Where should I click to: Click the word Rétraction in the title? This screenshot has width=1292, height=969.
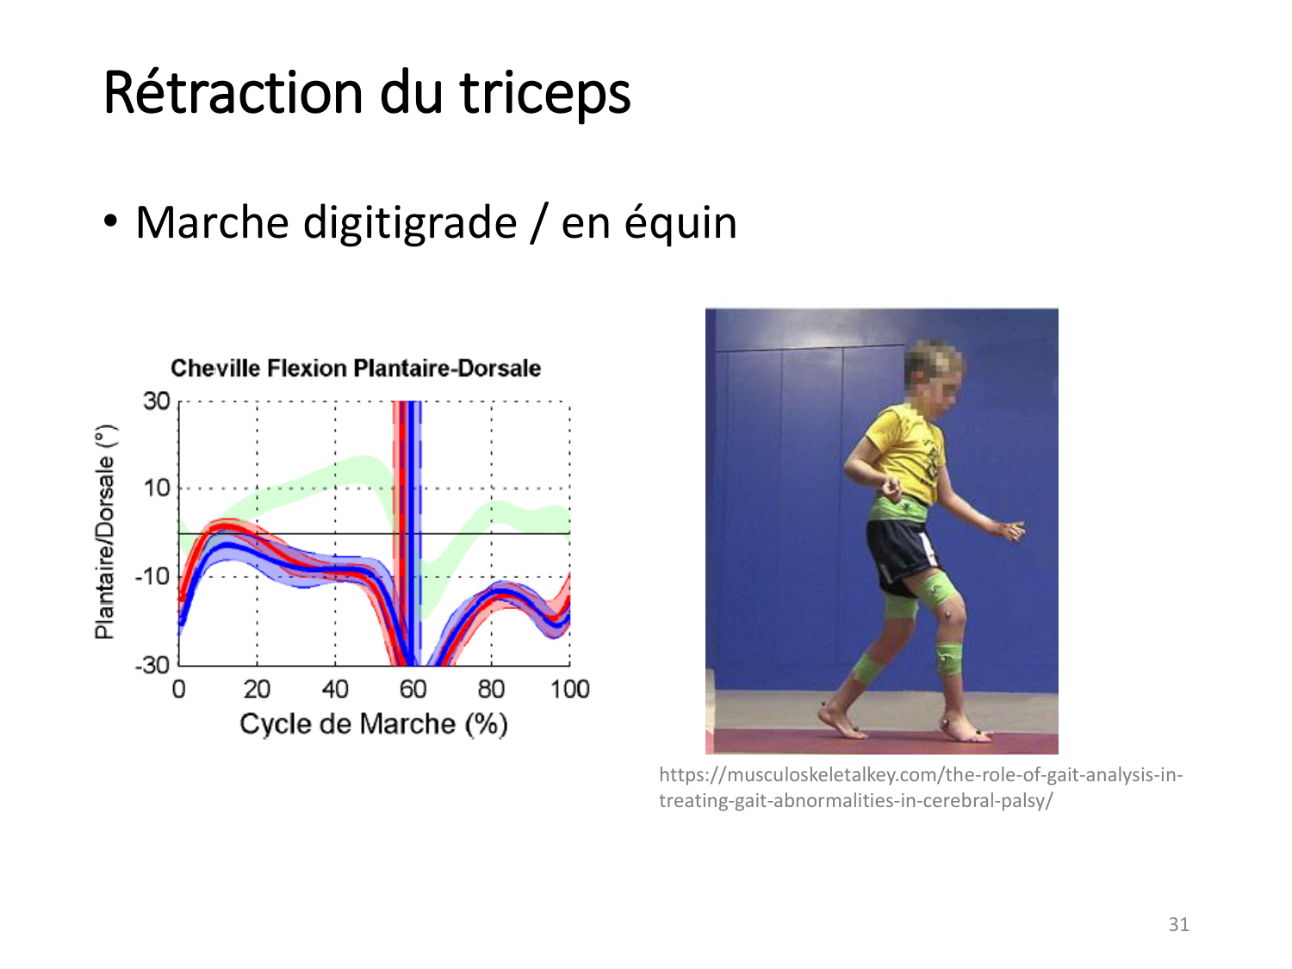(x=233, y=93)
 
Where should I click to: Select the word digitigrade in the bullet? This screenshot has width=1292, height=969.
(x=410, y=225)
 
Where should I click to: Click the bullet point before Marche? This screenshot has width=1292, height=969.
(x=110, y=222)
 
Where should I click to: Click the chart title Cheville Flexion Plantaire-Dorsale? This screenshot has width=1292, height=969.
(x=356, y=369)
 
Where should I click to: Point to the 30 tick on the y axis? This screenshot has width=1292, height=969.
(x=156, y=401)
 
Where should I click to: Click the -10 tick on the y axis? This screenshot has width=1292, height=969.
(x=152, y=576)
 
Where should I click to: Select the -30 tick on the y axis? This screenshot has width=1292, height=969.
(x=152, y=666)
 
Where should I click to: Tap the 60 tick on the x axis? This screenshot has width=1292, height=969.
(x=413, y=689)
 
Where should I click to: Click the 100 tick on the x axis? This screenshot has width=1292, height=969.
(x=570, y=689)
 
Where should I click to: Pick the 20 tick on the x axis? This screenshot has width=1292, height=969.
(x=257, y=689)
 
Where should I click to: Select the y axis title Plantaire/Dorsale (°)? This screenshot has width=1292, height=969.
(x=106, y=532)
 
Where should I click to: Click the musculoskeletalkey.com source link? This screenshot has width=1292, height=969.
(x=920, y=787)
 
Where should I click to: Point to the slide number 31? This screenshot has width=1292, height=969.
(x=1178, y=924)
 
